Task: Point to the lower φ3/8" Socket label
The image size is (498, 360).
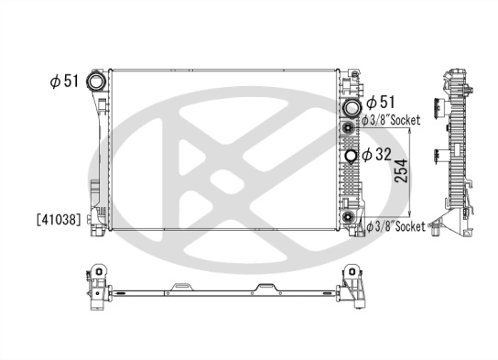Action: [x=396, y=225]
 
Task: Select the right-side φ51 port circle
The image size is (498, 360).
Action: [x=350, y=107]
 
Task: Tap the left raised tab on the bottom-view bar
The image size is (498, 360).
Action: [x=179, y=289]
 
